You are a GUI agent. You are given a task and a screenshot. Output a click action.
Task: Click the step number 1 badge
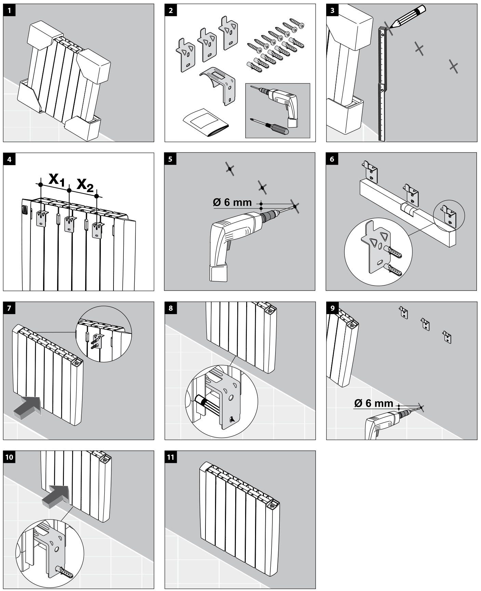pos(9,10)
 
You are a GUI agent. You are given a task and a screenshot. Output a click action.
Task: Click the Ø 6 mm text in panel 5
pos(232,202)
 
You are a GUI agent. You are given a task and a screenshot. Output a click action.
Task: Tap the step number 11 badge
pos(171,457)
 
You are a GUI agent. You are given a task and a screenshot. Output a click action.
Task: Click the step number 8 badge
pos(171,308)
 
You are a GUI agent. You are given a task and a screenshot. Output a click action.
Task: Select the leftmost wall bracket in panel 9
pos(404,312)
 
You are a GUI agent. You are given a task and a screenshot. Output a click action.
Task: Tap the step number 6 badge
pos(332,159)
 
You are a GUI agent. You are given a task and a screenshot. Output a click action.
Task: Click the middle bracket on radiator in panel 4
pos(70,224)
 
